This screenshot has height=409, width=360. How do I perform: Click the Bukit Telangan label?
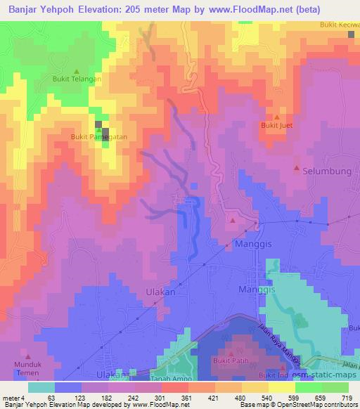[x=77, y=79]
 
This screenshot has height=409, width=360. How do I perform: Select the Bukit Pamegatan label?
[x=98, y=137]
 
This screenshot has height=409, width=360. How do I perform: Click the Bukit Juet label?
[x=276, y=126]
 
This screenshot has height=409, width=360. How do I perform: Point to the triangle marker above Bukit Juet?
[x=276, y=117]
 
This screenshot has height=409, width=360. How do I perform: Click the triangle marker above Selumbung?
[x=296, y=169]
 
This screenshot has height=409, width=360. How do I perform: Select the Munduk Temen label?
[x=29, y=365]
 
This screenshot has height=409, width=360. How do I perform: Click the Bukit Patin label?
[x=231, y=361]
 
